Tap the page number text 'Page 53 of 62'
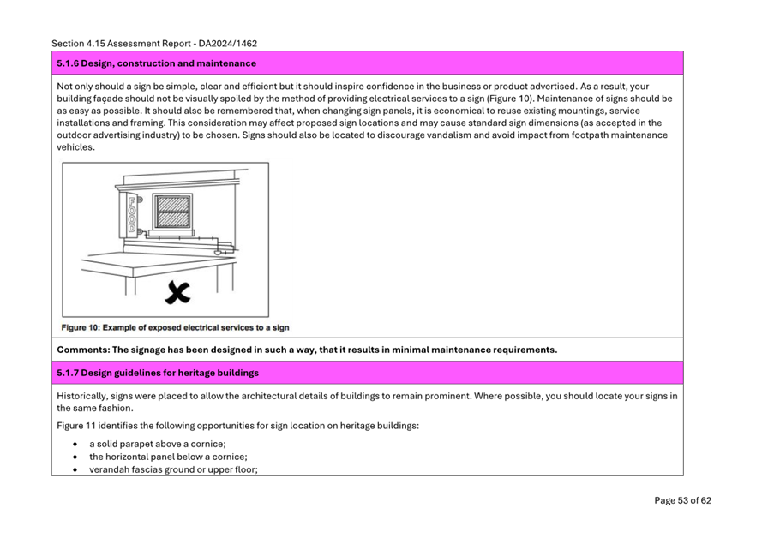pyautogui.click(x=682, y=501)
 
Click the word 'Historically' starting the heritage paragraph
pyautogui.click(x=83, y=396)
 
